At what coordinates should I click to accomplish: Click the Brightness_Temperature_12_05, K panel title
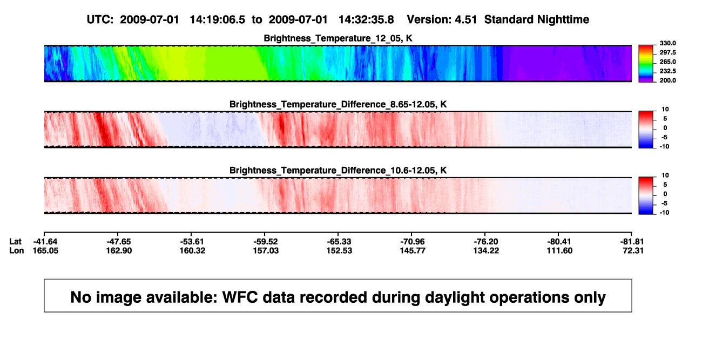click(x=338, y=38)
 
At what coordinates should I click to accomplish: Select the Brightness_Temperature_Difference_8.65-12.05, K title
click(x=338, y=104)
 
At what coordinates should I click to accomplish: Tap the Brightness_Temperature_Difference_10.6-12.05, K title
click(x=338, y=171)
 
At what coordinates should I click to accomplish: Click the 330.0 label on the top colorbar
click(x=667, y=43)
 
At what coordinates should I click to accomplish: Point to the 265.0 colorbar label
click(x=667, y=62)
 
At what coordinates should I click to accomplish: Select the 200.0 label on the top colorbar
click(x=667, y=80)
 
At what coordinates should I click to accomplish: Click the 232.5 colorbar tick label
click(x=667, y=71)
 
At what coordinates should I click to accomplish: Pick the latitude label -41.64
click(x=45, y=242)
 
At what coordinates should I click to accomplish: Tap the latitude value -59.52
click(x=266, y=242)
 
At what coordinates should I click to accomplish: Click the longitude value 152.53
click(x=339, y=250)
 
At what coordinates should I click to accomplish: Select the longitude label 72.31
click(x=633, y=250)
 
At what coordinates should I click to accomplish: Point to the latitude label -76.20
click(x=486, y=242)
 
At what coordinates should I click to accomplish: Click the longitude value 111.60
click(x=559, y=250)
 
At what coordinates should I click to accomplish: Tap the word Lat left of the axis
click(x=15, y=242)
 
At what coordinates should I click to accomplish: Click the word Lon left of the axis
click(x=17, y=250)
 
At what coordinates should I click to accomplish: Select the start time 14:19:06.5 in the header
click(x=218, y=19)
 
